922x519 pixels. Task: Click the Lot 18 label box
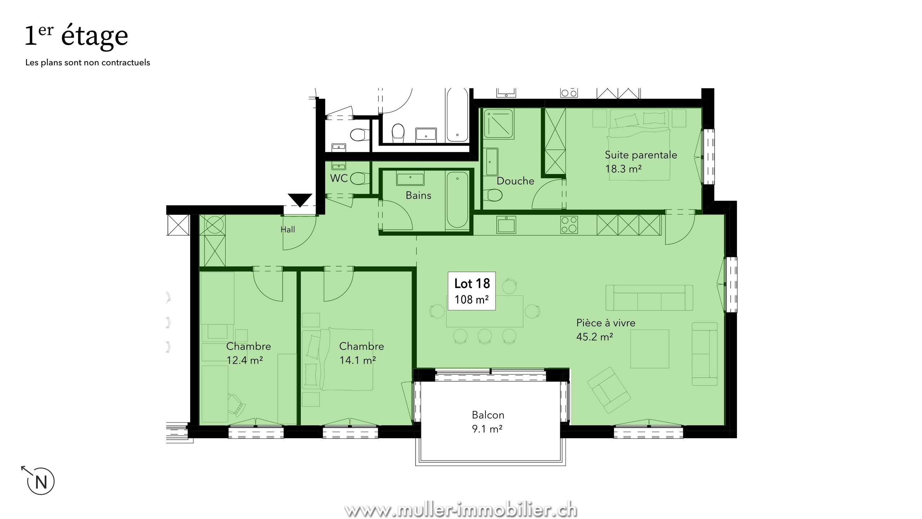click(471, 291)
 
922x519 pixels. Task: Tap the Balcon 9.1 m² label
click(488, 422)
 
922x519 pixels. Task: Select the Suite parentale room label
click(641, 155)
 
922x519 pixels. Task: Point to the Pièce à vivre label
click(606, 323)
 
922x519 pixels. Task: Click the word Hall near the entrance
click(288, 230)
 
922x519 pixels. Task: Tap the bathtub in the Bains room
click(457, 200)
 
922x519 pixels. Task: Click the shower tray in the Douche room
click(498, 124)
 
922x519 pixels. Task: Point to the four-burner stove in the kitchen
click(569, 225)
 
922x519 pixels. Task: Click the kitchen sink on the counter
click(506, 225)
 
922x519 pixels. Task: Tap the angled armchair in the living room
click(609, 390)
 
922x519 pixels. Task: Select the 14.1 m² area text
click(358, 360)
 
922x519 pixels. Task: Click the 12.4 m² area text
click(245, 360)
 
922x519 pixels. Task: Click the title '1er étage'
click(76, 36)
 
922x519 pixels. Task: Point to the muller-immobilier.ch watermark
click(461, 510)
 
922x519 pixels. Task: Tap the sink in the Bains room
click(410, 178)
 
